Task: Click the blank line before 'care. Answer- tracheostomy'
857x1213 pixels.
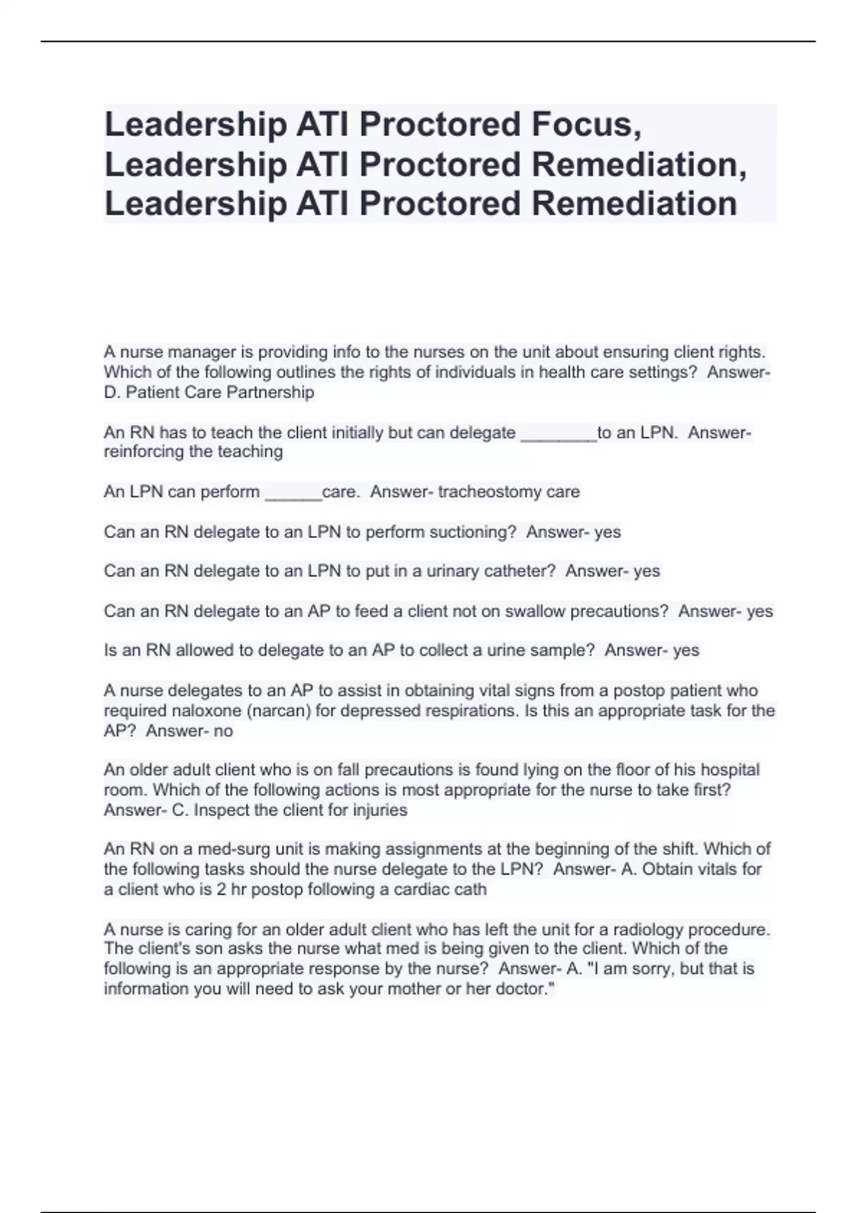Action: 293,492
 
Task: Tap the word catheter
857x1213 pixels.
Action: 519,572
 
